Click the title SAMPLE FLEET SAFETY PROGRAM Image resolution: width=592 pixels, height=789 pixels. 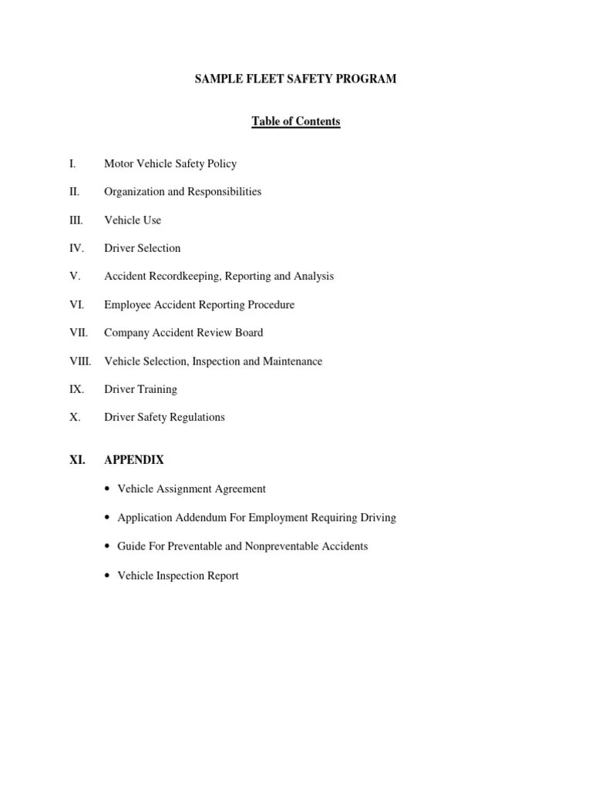(x=295, y=79)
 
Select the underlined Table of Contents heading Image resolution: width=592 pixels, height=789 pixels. (x=295, y=122)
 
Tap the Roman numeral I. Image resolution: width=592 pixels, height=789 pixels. (x=72, y=163)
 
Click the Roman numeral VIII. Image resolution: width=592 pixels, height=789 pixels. (x=79, y=361)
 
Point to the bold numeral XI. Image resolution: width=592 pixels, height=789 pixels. (x=77, y=460)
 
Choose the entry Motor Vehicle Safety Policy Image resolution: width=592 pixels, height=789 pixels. (x=170, y=163)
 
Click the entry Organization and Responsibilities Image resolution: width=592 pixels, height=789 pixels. (x=183, y=192)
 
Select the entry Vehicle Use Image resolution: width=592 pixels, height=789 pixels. (x=133, y=220)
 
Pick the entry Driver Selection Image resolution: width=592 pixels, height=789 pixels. (x=143, y=248)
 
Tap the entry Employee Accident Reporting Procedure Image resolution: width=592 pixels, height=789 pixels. (x=199, y=305)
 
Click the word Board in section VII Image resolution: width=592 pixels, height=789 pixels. (x=248, y=333)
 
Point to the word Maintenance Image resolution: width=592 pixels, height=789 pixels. (x=293, y=361)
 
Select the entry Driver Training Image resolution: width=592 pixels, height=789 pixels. (x=140, y=389)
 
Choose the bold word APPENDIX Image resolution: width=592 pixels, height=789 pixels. (x=134, y=460)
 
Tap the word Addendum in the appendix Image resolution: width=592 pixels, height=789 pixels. (x=203, y=518)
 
